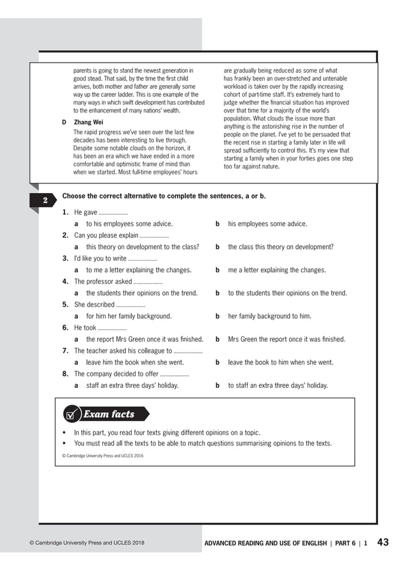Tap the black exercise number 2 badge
tap(45, 201)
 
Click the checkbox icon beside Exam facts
tap(72, 415)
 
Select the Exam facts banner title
tap(109, 414)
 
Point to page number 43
tap(383, 543)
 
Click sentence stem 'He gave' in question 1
tap(86, 212)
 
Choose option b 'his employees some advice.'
tap(267, 224)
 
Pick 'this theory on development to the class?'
tap(143, 247)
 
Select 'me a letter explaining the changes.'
tap(277, 270)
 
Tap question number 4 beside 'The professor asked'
tap(65, 281)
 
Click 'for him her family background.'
tap(129, 316)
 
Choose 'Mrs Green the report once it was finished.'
tap(286, 339)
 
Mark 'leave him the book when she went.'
tap(135, 362)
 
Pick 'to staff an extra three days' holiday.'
tap(278, 385)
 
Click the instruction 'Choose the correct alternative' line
tap(164, 196)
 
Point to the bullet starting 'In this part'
tap(167, 433)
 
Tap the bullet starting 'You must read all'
tap(203, 443)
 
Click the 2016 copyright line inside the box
tap(103, 456)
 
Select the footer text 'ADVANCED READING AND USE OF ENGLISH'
tap(265, 543)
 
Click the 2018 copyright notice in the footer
tap(87, 543)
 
